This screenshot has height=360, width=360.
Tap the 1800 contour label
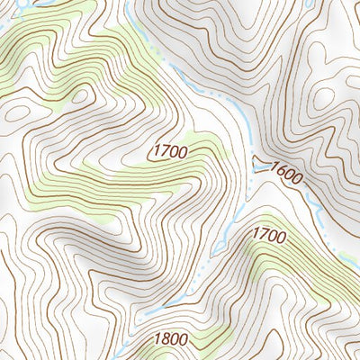[x=171, y=339]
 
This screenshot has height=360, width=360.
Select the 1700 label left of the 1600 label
[x=170, y=151]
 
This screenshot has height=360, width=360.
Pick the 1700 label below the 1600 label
[x=268, y=235]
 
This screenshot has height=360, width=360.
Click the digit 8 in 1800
[x=166, y=339]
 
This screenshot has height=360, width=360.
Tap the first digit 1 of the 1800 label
[x=157, y=339]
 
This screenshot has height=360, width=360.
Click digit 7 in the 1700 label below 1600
[x=262, y=234]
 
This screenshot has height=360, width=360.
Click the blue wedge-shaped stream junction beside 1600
[x=261, y=163]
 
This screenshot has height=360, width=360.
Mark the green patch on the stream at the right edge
[x=349, y=260]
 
